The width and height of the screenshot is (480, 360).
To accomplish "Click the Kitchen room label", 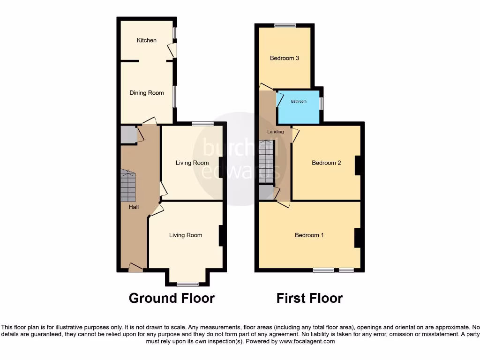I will point(146,40).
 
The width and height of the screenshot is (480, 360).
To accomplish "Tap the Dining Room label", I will point(147,93).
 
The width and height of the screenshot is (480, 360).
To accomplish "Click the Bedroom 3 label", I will point(284,58).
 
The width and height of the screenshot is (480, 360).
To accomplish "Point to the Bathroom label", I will point(299,101).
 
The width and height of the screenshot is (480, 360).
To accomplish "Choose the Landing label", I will point(275,132).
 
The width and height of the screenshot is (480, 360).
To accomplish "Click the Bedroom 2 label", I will point(326,163).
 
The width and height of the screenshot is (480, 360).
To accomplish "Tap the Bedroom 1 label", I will point(309,235).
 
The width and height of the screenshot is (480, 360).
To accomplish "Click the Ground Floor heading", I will point(172,298).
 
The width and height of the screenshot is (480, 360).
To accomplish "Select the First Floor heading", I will point(309,298).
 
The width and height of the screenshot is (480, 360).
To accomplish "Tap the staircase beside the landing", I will point(265,162).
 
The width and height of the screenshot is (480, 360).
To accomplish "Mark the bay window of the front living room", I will point(187,284).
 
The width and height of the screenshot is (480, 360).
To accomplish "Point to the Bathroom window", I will point(321,103).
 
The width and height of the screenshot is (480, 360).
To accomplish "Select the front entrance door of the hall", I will point(135,269).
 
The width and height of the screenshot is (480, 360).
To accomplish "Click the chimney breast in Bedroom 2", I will point(358,165).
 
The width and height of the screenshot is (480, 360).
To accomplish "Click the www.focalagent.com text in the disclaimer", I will point(307,342).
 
